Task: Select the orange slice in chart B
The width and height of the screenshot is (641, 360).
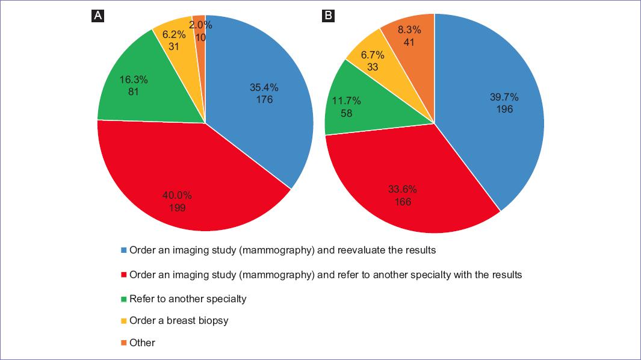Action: pyautogui.click(x=409, y=36)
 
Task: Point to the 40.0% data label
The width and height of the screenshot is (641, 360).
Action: pyautogui.click(x=178, y=195)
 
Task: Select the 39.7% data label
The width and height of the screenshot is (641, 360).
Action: pyautogui.click(x=504, y=97)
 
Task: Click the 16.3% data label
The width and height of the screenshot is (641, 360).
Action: pyautogui.click(x=134, y=79)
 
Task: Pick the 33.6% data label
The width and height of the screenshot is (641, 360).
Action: pyautogui.click(x=403, y=189)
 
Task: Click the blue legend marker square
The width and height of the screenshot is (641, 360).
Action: pyautogui.click(x=124, y=250)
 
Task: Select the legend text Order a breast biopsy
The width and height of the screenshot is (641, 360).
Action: pyautogui.click(x=179, y=320)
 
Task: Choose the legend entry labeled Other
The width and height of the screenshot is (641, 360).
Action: pyautogui.click(x=142, y=343)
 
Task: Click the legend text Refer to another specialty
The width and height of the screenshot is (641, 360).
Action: pyautogui.click(x=188, y=299)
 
